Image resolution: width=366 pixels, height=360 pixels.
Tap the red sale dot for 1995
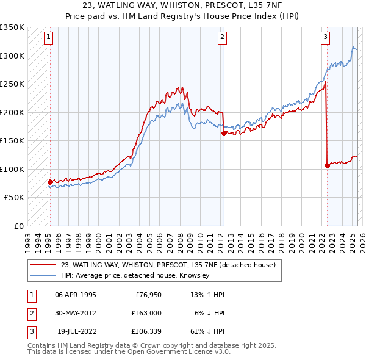[x=50, y=182]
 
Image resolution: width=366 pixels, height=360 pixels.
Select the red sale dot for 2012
[x=224, y=133]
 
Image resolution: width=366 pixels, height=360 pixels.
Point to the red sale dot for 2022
[x=328, y=165]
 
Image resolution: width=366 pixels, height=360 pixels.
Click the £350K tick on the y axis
[x=12, y=27]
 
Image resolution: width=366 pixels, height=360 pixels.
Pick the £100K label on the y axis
[x=12, y=169]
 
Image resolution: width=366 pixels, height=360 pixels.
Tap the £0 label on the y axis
[x=18, y=226]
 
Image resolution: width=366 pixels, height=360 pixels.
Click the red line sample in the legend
[x=43, y=265]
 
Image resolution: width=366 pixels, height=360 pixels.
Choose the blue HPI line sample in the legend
[x=43, y=276]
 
